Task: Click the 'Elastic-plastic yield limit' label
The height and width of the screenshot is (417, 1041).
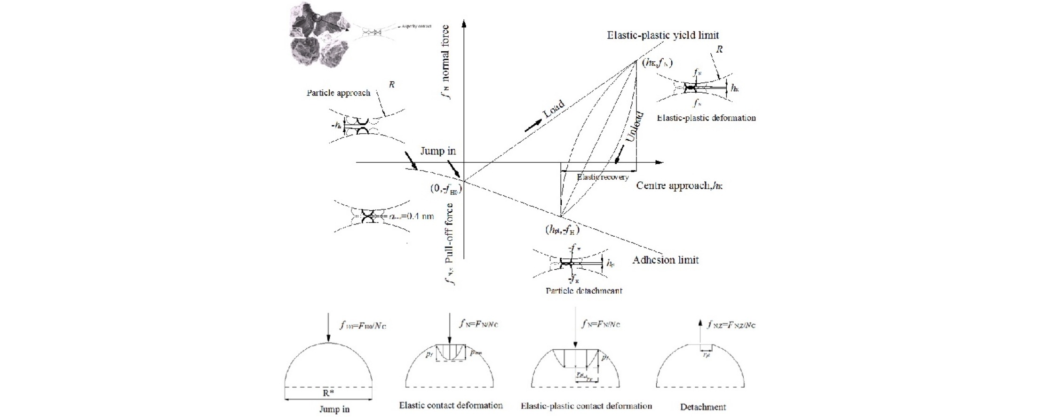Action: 663,35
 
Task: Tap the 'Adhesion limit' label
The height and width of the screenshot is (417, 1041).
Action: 665,260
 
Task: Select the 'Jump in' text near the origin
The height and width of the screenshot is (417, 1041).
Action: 438,151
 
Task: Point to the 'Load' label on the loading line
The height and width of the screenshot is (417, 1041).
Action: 554,109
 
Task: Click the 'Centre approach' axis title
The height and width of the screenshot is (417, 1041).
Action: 679,185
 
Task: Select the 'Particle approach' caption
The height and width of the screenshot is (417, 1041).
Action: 338,93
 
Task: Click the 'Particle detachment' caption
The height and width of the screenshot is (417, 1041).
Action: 584,290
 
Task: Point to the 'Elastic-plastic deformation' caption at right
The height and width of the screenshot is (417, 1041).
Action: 706,118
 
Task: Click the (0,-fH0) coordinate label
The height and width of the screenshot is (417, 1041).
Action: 445,189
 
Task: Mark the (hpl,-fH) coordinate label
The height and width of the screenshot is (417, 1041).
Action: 562,230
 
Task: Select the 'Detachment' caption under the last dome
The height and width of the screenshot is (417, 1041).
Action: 703,407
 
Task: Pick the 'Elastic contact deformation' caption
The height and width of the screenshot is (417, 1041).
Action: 451,405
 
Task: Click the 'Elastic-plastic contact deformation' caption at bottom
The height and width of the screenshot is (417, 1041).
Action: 586,406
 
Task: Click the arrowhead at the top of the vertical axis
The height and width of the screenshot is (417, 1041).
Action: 464,24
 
